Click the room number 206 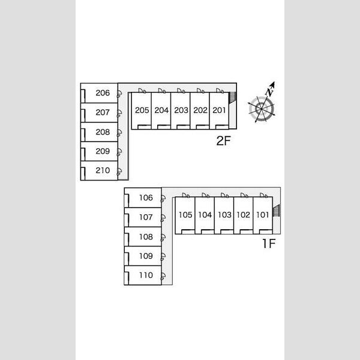point(103,93)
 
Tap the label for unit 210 point(103,170)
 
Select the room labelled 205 point(142,110)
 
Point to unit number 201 point(219,110)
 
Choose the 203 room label point(181,110)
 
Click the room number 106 point(146,197)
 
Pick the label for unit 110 point(146,275)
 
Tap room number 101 point(262,215)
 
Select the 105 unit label point(185,215)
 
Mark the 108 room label point(146,237)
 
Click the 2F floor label point(223,141)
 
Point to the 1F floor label point(269,244)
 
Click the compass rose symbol point(262,109)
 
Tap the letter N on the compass point(269,92)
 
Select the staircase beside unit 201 point(232,97)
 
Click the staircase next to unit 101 point(276,210)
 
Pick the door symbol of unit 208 point(119,133)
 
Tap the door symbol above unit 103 point(224,195)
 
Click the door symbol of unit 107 point(163,218)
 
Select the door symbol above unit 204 point(162,91)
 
